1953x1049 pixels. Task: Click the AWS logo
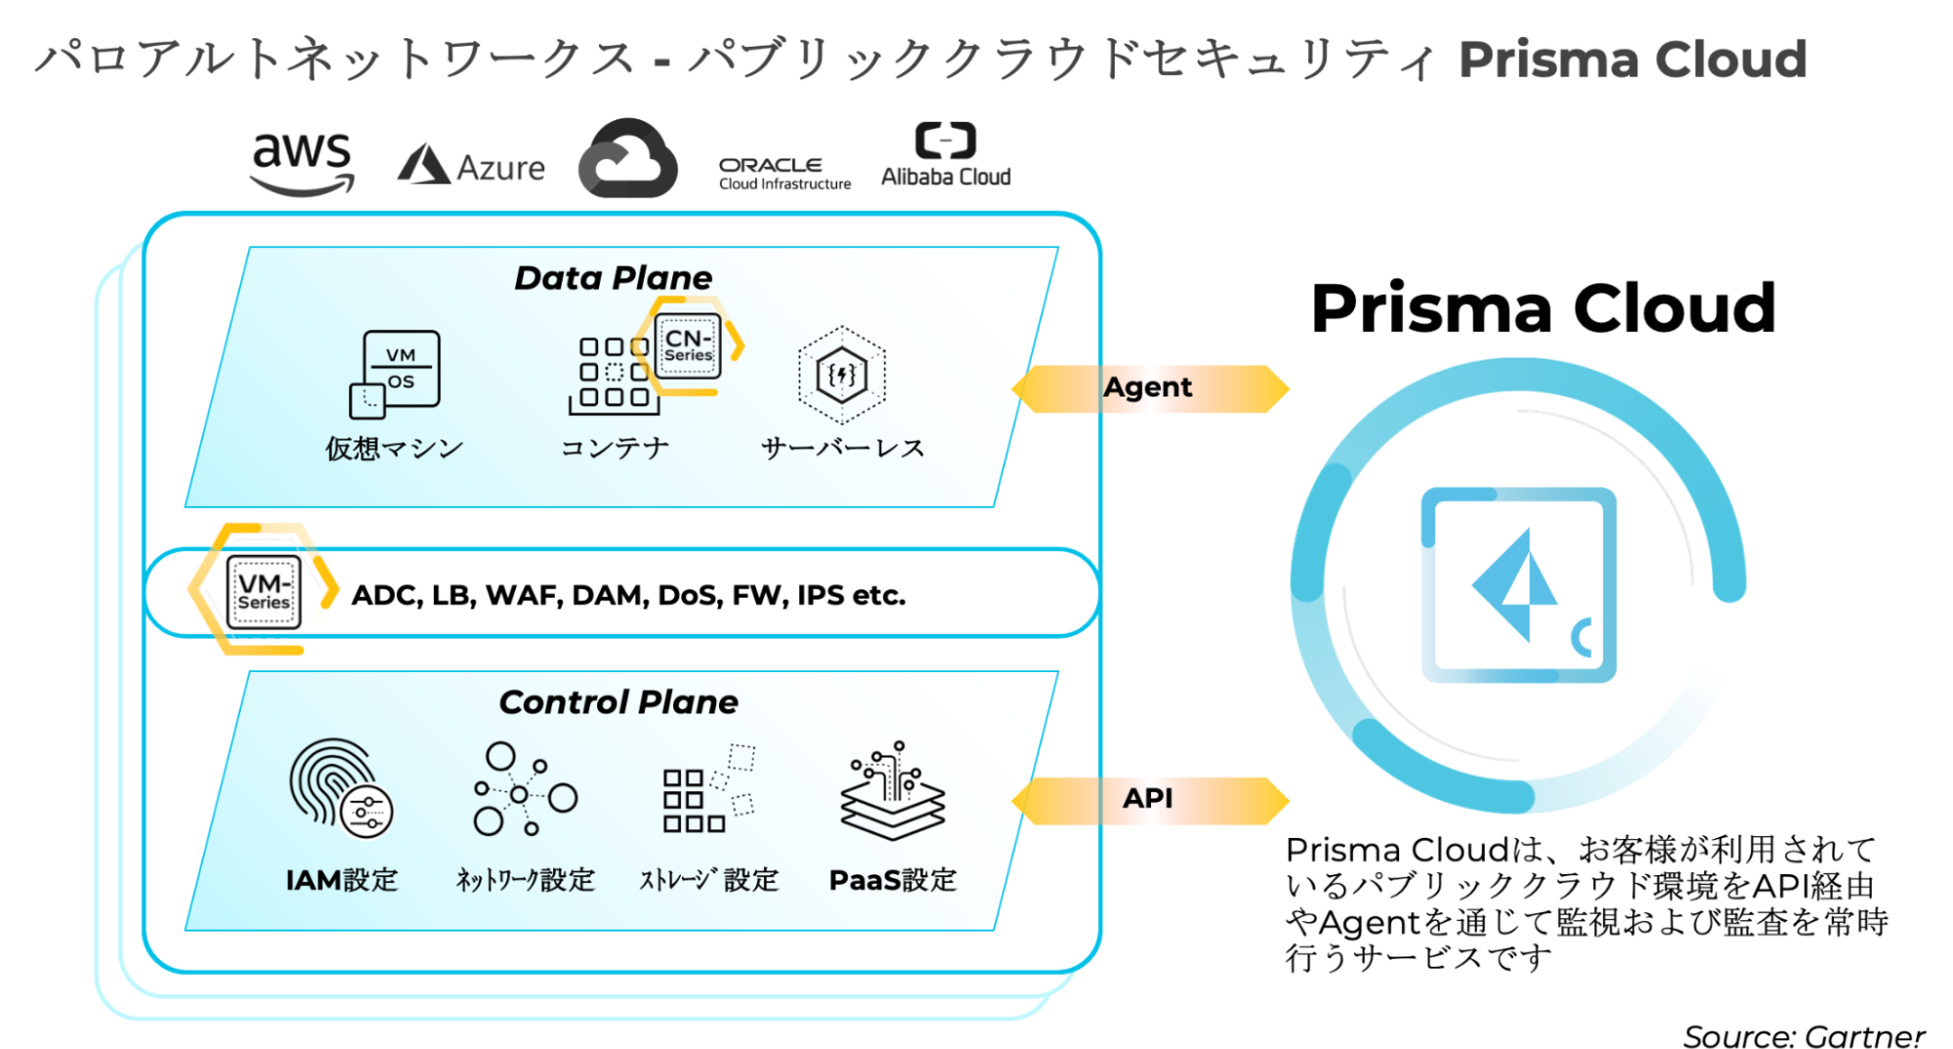[x=301, y=162]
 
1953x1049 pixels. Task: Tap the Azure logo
[x=471, y=166]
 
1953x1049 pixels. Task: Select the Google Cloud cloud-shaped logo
[x=627, y=159]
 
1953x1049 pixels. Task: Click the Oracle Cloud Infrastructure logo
[x=785, y=173]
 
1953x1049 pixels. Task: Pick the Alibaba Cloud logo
[x=945, y=155]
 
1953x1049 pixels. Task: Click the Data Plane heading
[x=613, y=278]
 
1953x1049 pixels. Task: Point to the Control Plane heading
[x=617, y=702]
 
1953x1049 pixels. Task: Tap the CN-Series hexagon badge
[x=689, y=346]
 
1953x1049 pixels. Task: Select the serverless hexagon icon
[x=841, y=375]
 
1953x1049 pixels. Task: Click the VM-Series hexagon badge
[x=263, y=590]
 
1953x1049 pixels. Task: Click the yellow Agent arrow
[x=1149, y=389]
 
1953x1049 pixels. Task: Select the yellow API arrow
[x=1149, y=800]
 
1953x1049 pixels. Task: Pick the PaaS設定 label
[x=892, y=880]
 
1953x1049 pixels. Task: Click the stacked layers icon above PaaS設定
[x=892, y=791]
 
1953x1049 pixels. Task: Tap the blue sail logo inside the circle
[x=1512, y=584]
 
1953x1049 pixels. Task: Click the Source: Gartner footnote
[x=1803, y=1035]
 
